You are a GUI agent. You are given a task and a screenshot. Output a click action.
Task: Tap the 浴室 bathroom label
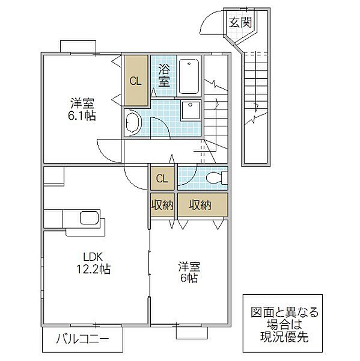coord(163,76)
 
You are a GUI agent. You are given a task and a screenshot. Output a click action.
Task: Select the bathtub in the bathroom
coord(189,76)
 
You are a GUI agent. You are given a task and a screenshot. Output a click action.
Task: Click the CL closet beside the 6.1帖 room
coord(136,81)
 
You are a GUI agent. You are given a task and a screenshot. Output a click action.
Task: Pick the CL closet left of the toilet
coord(162,178)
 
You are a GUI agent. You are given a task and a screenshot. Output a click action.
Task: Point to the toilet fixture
coord(216,178)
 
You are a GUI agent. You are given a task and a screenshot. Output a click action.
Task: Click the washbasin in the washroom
coord(132,124)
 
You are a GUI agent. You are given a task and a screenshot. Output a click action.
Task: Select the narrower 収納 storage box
coord(162,205)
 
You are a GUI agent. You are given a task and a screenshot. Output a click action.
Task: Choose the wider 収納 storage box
coord(201,205)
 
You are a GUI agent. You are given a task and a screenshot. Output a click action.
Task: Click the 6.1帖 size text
coord(81,115)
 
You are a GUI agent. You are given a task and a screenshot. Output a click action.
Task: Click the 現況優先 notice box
coord(279,325)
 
